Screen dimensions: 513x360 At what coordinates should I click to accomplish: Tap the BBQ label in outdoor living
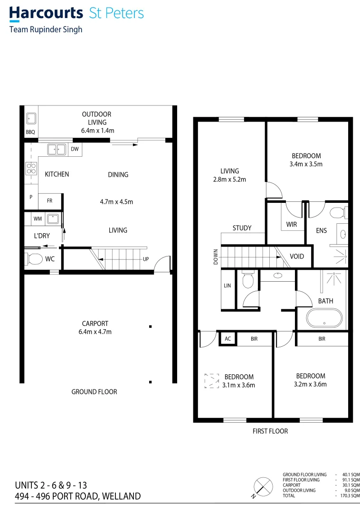pos(30,132)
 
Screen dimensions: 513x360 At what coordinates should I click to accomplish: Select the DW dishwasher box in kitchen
pos(75,149)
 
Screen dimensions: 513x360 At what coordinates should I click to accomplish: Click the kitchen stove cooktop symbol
pos(31,168)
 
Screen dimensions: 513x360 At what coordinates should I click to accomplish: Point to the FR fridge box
pos(50,201)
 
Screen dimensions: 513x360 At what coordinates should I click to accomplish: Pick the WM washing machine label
pos(38,218)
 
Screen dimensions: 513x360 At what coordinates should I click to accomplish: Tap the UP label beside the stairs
pos(146,259)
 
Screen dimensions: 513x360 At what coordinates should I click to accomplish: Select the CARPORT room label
pos(95,323)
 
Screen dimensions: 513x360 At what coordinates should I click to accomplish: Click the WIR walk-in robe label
pos(292,224)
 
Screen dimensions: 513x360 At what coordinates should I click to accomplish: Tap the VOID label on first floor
pos(297,256)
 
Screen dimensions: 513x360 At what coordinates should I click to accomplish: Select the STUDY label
pos(242,228)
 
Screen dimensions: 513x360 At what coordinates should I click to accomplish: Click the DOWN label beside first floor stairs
pos(216,256)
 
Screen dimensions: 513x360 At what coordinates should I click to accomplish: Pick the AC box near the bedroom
pos(227,339)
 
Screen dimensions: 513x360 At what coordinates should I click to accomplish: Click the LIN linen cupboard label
pos(227,285)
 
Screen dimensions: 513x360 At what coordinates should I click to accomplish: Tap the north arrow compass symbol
pos(261,487)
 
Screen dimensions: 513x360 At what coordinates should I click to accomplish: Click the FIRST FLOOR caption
pos(270,431)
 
